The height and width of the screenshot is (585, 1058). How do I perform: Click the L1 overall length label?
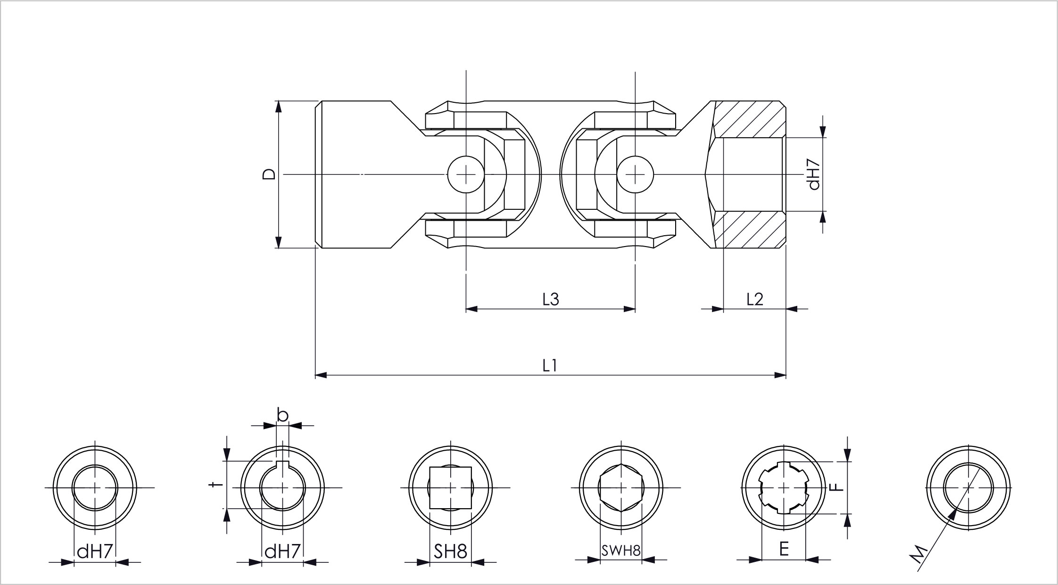550,365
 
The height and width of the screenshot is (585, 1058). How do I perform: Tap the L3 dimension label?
550,299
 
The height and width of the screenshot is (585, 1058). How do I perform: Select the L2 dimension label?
754,299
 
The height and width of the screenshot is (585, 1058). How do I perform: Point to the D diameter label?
269,174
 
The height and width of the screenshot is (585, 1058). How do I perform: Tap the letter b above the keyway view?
282,415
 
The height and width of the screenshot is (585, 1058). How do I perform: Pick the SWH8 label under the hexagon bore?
621,550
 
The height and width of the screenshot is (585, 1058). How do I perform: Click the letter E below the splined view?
784,549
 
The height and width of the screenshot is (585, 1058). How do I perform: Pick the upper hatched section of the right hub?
750,119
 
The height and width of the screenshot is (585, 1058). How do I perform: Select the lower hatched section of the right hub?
750,230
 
